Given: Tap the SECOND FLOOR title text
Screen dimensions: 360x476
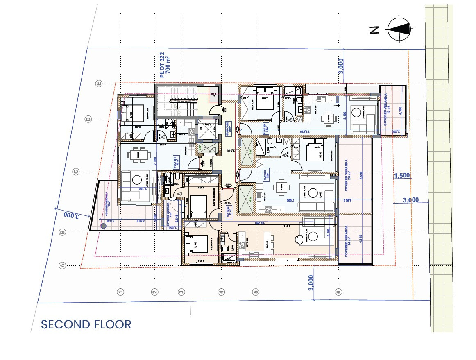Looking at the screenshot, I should (x=86, y=324).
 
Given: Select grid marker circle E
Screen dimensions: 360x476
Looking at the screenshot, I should (x=98, y=84).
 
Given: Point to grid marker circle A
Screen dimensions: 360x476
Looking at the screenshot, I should (x=63, y=265).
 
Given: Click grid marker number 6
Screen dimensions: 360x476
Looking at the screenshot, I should (x=338, y=292).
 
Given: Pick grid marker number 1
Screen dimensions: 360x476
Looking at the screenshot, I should (x=120, y=292).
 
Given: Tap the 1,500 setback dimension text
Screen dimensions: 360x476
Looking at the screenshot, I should (x=402, y=176).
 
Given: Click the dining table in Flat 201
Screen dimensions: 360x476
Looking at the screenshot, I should (x=136, y=155).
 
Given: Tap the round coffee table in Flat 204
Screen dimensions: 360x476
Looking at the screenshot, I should (x=355, y=111).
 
